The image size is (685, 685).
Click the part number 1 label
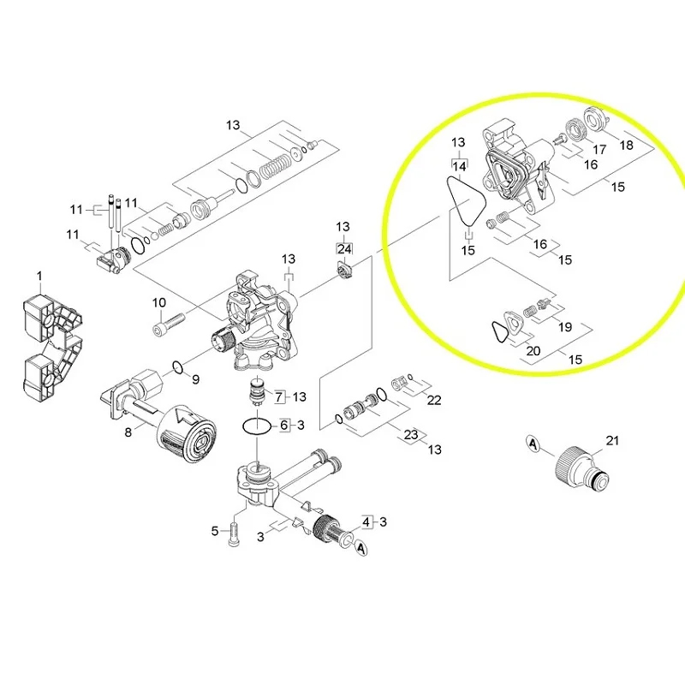[39, 275]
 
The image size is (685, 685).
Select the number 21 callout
[611, 440]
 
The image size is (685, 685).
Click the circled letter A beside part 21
[532, 444]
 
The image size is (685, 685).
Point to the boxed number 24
[343, 248]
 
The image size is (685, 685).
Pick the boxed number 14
[459, 164]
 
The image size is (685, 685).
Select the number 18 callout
[627, 146]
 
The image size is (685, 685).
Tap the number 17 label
[599, 149]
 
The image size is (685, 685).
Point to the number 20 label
[533, 350]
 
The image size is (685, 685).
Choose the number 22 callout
[434, 400]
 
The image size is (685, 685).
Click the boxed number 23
[411, 435]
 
